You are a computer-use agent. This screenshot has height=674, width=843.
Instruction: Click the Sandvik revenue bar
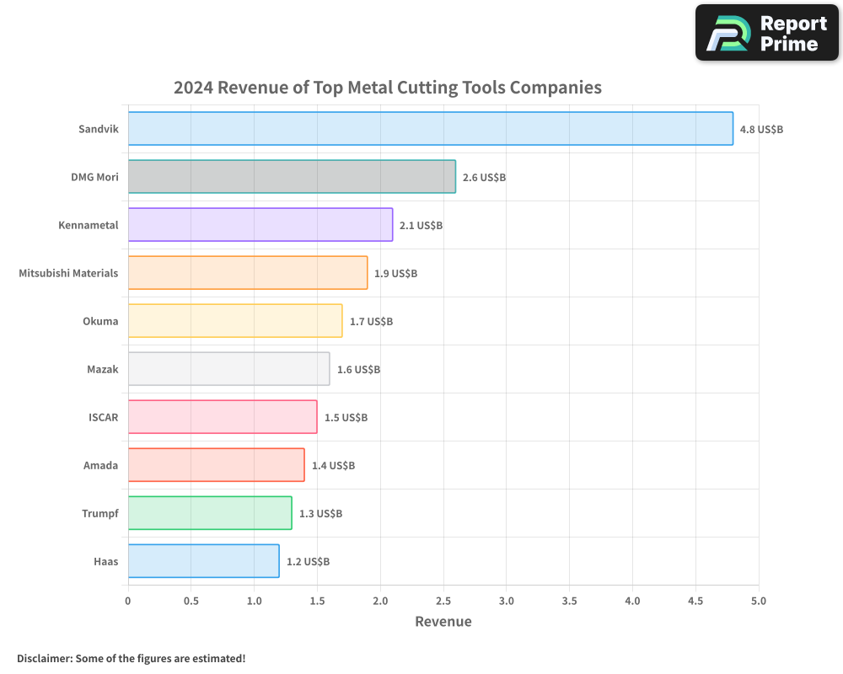click(x=430, y=129)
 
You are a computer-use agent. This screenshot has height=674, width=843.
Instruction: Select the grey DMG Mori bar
click(x=292, y=177)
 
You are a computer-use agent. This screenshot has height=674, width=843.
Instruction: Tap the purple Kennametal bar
click(x=260, y=225)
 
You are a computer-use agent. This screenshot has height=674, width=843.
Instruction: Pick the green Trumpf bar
click(x=210, y=513)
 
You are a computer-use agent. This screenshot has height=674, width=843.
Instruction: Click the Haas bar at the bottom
click(x=203, y=561)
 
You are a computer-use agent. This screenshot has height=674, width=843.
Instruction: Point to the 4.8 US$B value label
click(x=761, y=130)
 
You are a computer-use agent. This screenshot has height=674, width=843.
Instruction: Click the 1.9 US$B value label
click(x=395, y=274)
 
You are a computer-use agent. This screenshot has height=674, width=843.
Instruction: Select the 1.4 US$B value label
click(x=333, y=466)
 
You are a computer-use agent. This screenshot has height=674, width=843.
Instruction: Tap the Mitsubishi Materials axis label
click(x=68, y=273)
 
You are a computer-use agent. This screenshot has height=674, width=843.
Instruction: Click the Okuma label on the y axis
click(x=100, y=321)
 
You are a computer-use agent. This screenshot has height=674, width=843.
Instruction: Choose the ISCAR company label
click(x=103, y=417)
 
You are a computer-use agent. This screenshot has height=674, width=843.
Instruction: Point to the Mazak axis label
click(x=102, y=369)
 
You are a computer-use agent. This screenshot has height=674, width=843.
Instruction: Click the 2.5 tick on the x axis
click(x=443, y=601)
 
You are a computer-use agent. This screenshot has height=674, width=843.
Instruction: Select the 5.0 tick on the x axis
click(x=758, y=601)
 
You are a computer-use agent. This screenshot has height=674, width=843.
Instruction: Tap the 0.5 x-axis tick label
click(x=191, y=601)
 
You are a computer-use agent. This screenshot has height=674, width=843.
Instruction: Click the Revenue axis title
click(x=443, y=622)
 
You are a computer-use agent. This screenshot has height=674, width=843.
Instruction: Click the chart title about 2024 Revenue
click(x=388, y=88)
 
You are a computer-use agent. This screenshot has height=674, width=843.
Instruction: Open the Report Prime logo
click(x=766, y=33)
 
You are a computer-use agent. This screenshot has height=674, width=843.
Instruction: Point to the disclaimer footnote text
click(x=132, y=658)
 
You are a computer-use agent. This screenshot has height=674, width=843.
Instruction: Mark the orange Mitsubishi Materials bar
click(x=248, y=273)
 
